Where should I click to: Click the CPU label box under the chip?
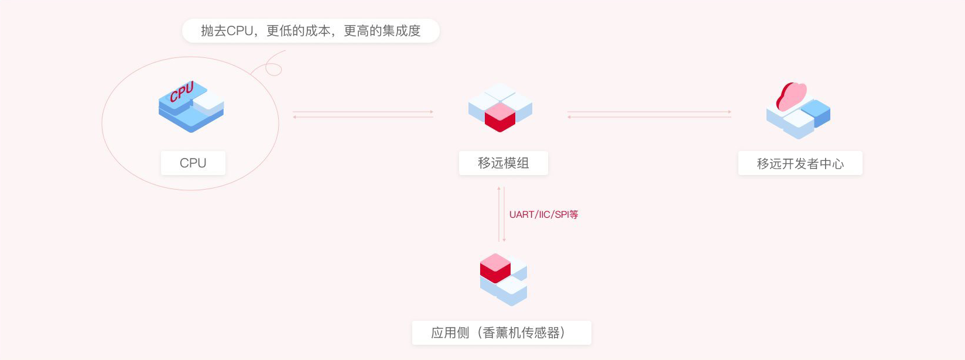(x=193, y=163)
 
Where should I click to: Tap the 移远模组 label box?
(x=503, y=163)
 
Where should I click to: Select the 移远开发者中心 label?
(x=800, y=163)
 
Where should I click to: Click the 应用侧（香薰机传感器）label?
(x=501, y=332)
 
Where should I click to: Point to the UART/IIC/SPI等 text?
(x=543, y=214)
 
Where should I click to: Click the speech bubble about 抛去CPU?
(x=310, y=30)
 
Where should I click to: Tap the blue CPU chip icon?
(x=191, y=107)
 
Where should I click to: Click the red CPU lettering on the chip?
(x=182, y=92)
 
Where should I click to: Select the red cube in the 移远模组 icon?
(x=500, y=117)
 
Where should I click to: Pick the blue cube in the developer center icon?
(x=816, y=113)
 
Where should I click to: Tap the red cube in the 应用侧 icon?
(x=495, y=268)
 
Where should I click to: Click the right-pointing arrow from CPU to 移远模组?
(x=363, y=112)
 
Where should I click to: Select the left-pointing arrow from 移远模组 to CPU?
(x=363, y=117)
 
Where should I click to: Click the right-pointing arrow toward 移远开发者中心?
(x=649, y=112)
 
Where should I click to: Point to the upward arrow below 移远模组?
(x=499, y=214)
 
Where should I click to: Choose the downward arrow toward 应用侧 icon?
(x=504, y=214)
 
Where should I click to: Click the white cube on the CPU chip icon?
(x=208, y=102)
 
